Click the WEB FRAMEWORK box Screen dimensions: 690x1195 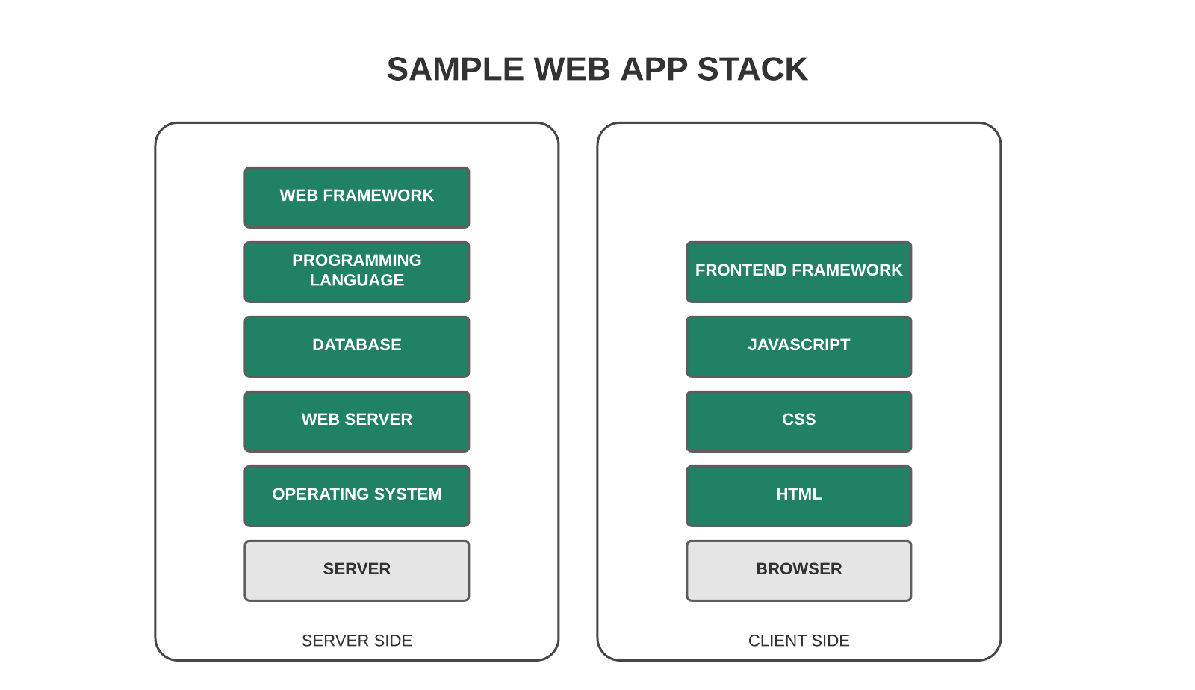[356, 197]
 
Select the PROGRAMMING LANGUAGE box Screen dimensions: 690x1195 [356, 272]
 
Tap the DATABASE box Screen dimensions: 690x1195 [356, 346]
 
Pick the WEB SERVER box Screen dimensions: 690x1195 [356, 421]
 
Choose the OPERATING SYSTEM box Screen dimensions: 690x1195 [356, 496]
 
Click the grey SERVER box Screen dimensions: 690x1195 [356, 571]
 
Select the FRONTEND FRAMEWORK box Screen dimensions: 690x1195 [798, 272]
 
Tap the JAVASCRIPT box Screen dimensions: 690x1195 [798, 346]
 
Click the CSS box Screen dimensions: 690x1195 [798, 421]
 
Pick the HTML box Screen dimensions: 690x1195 [798, 496]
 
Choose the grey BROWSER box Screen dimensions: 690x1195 [798, 571]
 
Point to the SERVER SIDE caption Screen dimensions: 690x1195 [356, 641]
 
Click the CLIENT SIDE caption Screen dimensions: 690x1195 [798, 641]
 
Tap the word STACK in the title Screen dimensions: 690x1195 [752, 69]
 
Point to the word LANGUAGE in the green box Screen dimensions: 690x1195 [356, 280]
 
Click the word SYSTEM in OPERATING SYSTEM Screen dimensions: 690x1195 [408, 494]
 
